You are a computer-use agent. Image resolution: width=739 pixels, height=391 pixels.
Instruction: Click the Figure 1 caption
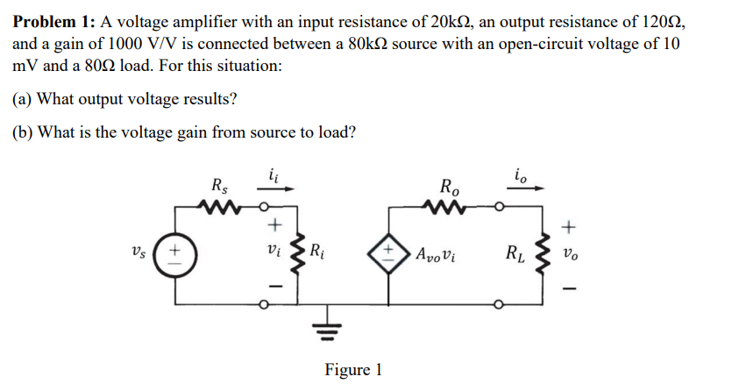click(353, 369)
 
